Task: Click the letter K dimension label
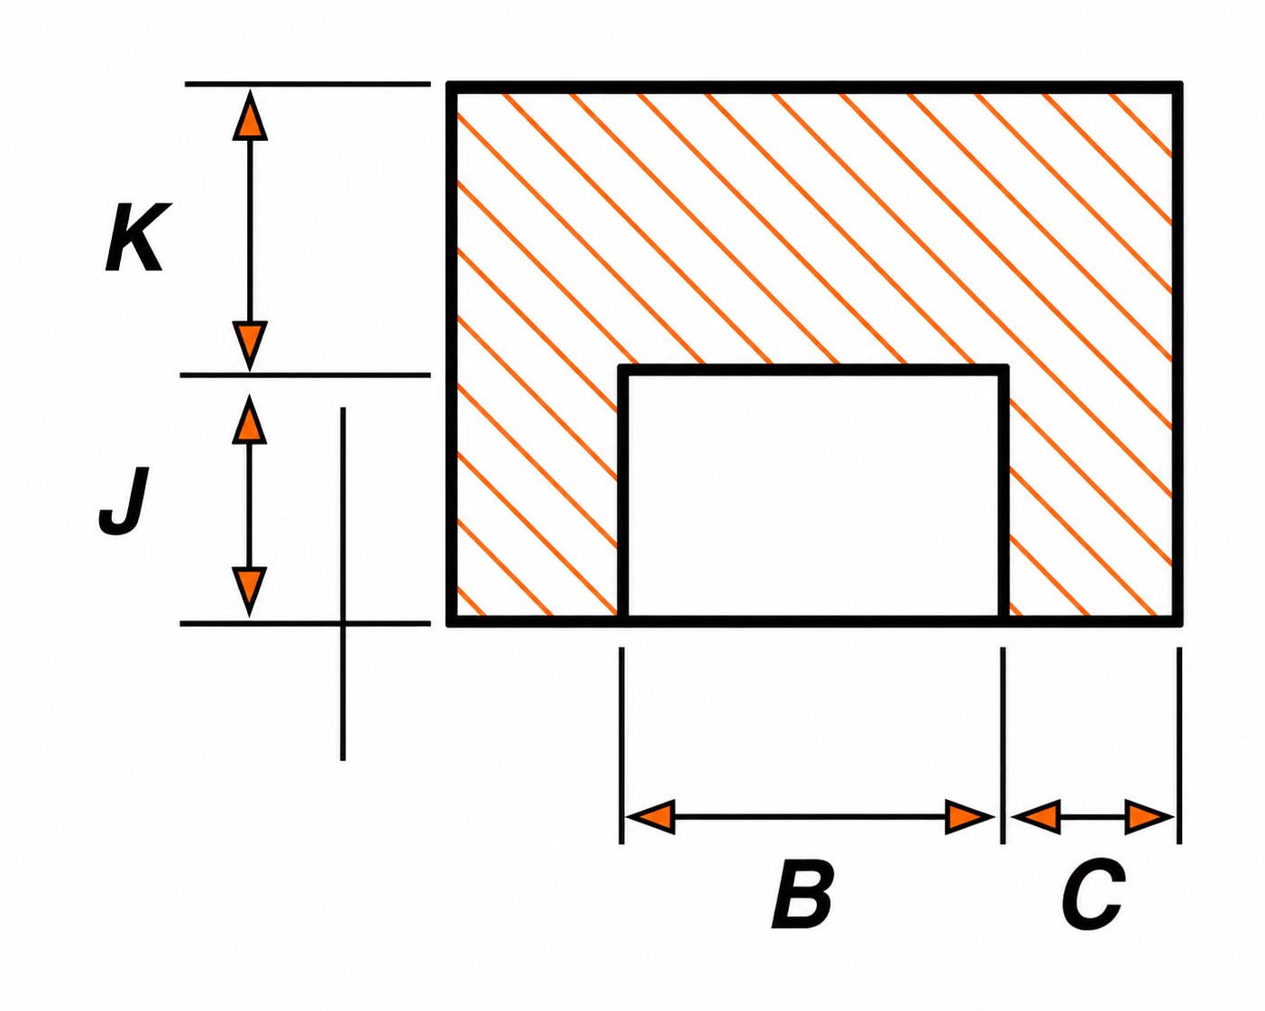point(138,237)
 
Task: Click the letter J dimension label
point(124,501)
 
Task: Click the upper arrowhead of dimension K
point(250,115)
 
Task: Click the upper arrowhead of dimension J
point(249,419)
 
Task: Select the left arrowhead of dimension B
point(650,817)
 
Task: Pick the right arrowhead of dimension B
point(969,817)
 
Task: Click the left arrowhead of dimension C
point(1036,817)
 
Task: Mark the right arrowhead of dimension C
point(1150,817)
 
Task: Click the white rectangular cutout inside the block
point(814,495)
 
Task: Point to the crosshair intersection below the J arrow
point(343,623)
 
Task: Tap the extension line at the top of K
point(307,84)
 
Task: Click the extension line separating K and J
point(305,374)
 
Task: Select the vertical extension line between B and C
point(1003,746)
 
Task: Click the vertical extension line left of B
point(621,746)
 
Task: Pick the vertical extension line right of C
point(1179,746)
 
